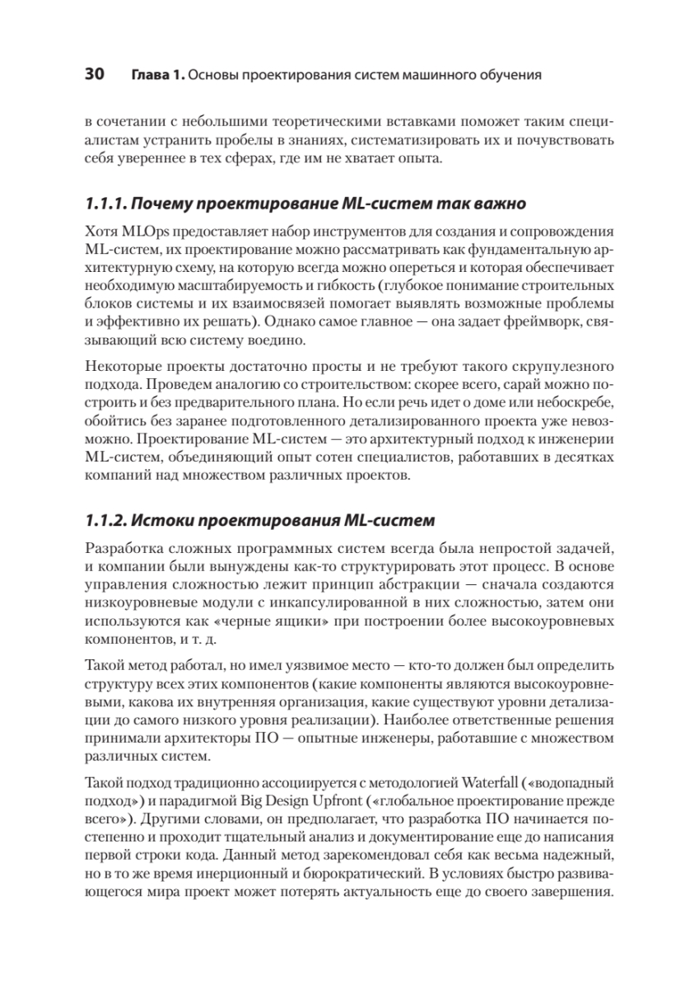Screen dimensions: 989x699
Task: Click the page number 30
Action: coord(94,75)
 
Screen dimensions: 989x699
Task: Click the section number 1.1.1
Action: coord(105,203)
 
